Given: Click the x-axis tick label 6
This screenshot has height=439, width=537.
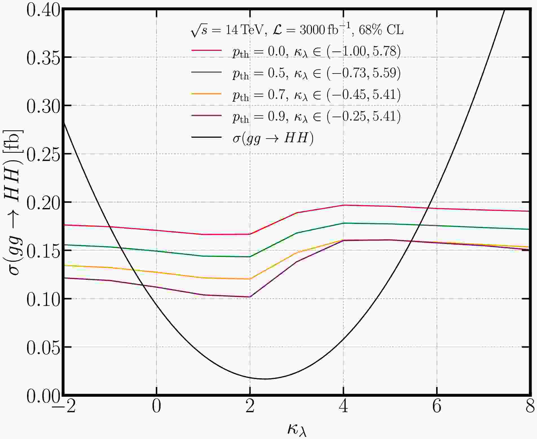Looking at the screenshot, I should pyautogui.click(x=437, y=407).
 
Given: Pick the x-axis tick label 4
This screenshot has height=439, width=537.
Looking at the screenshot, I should pyautogui.click(x=343, y=407).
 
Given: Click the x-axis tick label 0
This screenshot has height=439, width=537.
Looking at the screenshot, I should pyautogui.click(x=157, y=407).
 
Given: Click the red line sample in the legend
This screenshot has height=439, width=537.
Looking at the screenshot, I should pyautogui.click(x=206, y=50).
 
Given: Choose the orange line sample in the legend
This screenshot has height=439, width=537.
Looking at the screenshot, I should pyautogui.click(x=206, y=94).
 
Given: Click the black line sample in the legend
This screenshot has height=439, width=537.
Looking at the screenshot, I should pyautogui.click(x=206, y=138).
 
